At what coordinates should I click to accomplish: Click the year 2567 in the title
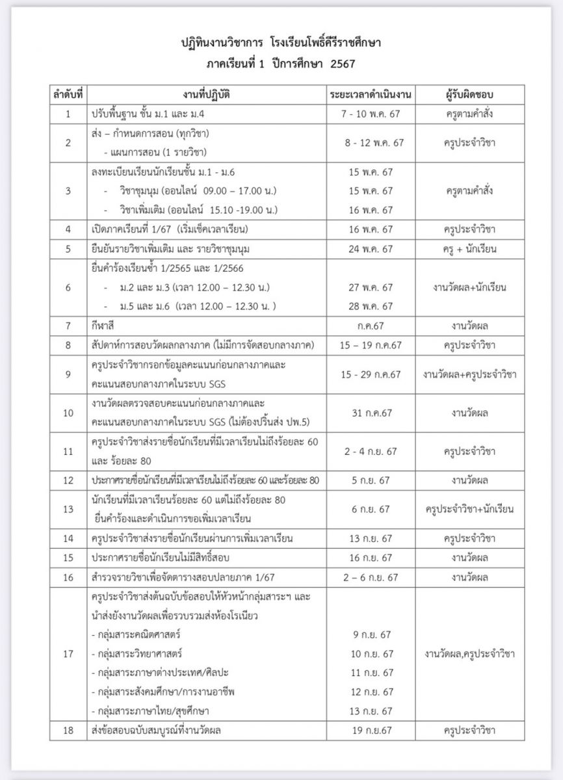pyautogui.click(x=345, y=64)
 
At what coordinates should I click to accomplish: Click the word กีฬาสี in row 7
pyautogui.click(x=104, y=326)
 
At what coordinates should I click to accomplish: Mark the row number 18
pyautogui.click(x=69, y=731)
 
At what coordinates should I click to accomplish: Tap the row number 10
pyautogui.click(x=69, y=413)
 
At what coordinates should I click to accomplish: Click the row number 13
pyautogui.click(x=69, y=509)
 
